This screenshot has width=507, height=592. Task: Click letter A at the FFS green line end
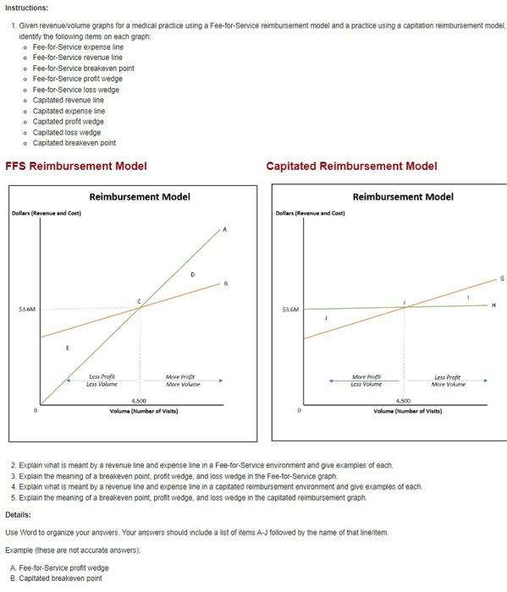[x=225, y=228]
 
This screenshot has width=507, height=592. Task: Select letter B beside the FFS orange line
[x=226, y=283]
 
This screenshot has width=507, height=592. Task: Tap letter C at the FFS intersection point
[x=141, y=302]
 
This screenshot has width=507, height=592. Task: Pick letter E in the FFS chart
[x=69, y=348]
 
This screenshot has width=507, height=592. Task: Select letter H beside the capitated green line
[x=493, y=304]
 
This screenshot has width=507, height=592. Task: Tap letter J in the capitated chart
[x=326, y=318]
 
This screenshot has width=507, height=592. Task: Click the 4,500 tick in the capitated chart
[x=404, y=400]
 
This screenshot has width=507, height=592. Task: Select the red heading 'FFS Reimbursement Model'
[x=76, y=166]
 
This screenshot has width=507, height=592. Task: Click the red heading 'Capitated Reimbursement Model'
[x=351, y=166]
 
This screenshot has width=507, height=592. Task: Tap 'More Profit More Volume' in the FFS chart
[x=182, y=380]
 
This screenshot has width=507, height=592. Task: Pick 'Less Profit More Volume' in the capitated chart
[x=449, y=380]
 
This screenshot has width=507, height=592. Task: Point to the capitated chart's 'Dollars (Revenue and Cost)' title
[x=311, y=212]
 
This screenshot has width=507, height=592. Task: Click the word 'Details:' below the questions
[x=18, y=514]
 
